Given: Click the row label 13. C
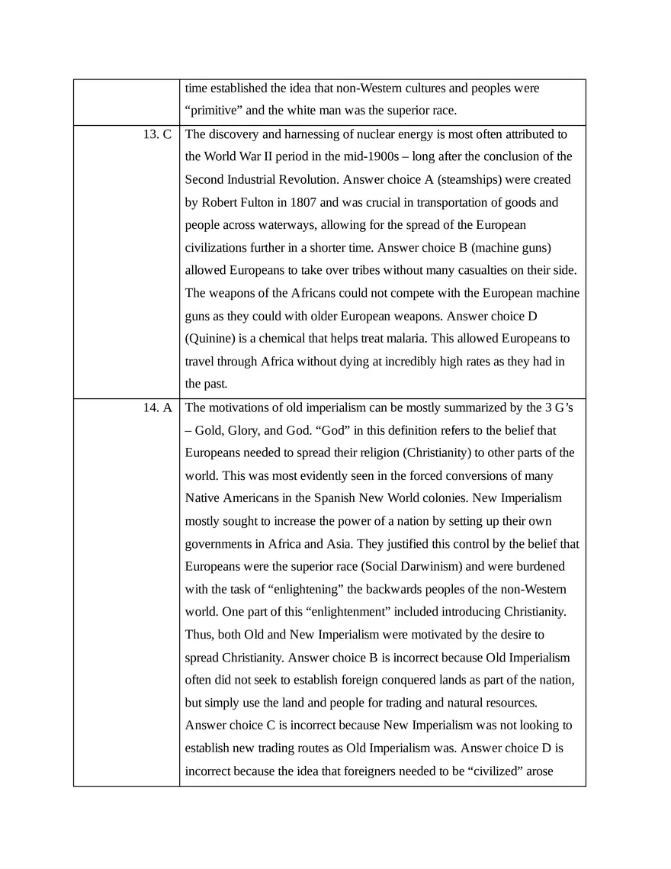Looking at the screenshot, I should point(157,134).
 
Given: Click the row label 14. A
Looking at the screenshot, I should point(157,407).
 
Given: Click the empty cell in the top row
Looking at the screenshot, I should point(127,101).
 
